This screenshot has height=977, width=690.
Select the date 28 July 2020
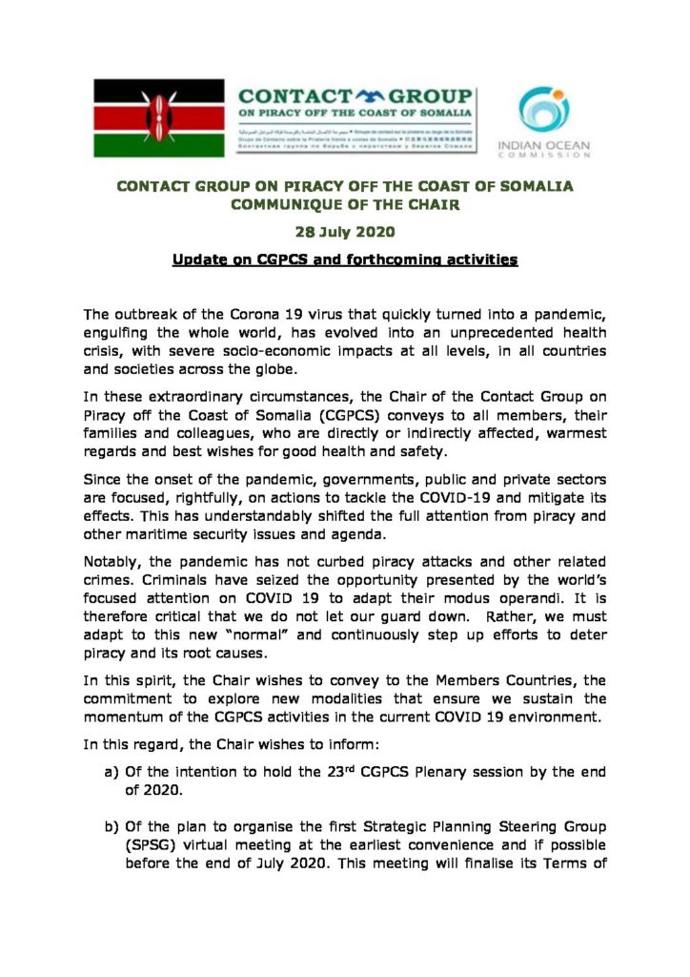(x=344, y=233)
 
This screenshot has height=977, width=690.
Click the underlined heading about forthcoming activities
(x=344, y=260)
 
